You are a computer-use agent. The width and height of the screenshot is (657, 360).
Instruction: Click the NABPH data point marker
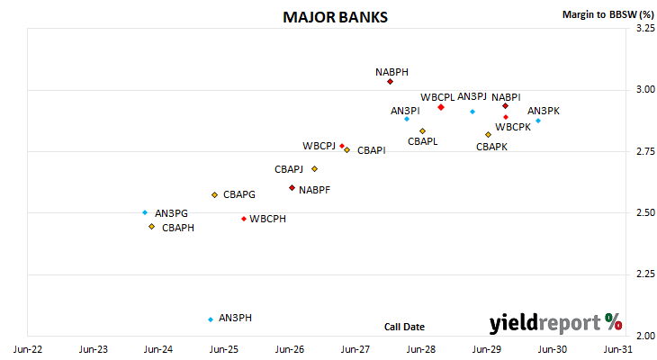pyautogui.click(x=390, y=82)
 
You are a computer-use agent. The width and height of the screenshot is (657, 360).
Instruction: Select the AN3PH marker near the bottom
pyautogui.click(x=211, y=319)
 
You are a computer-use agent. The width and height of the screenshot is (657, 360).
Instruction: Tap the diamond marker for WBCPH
pyautogui.click(x=244, y=219)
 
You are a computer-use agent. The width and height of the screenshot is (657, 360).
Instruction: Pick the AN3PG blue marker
pyautogui.click(x=145, y=212)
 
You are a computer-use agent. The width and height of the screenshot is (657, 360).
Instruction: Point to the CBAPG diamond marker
pyautogui.click(x=214, y=195)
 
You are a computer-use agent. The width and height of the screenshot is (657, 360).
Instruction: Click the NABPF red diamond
pyautogui.click(x=292, y=188)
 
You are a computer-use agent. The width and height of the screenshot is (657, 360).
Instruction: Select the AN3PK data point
pyautogui.click(x=538, y=121)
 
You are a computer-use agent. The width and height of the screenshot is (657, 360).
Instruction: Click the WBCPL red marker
pyautogui.click(x=441, y=107)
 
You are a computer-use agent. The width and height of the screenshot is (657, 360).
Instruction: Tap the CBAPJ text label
pyautogui.click(x=289, y=169)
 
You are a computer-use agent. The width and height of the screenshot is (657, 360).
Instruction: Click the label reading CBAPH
pyautogui.click(x=178, y=228)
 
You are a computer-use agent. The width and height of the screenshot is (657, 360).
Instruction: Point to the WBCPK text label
pyautogui.click(x=513, y=127)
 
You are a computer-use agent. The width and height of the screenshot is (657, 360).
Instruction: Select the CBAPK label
pyautogui.click(x=491, y=147)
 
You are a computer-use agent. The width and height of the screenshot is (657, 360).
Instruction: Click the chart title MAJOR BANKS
pyautogui.click(x=335, y=17)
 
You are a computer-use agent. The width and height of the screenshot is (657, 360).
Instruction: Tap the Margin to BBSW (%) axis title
pyautogui.click(x=608, y=14)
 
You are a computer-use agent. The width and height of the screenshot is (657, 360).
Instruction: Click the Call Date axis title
pyautogui.click(x=404, y=327)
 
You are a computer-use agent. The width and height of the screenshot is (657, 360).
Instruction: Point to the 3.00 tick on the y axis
pyautogui.click(x=645, y=89)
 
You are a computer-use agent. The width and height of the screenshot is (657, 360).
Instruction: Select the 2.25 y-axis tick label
pyautogui.click(x=645, y=274)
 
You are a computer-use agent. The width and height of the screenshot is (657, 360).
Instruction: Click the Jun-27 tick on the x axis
pyautogui.click(x=355, y=349)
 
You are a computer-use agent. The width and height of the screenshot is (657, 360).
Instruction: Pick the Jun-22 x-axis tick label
pyautogui.click(x=28, y=349)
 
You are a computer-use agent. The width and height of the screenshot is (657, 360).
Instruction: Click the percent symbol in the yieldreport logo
pyautogui.click(x=614, y=322)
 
